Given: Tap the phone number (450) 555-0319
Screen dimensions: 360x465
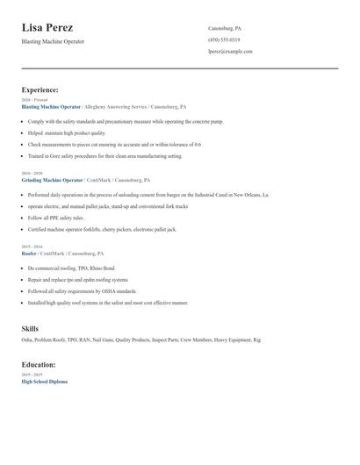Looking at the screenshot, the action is [224, 39].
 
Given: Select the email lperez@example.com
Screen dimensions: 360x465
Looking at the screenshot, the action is [230, 51].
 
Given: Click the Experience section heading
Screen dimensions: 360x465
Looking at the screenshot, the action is [40, 89].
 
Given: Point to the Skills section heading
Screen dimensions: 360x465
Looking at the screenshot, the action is [30, 328].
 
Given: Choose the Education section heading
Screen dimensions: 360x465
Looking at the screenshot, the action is [39, 364].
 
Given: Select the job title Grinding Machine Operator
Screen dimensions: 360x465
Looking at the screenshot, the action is [58, 179].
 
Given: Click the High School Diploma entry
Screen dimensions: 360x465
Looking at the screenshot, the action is [44, 382].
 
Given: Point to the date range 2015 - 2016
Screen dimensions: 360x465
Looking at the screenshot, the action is [32, 247].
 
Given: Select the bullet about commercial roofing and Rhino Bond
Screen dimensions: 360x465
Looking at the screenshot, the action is [71, 268].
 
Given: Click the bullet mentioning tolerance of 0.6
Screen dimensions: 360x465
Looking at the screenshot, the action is [114, 144].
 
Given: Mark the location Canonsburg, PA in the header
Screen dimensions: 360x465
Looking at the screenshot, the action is [225, 28].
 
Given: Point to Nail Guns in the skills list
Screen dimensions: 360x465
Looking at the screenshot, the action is [101, 340].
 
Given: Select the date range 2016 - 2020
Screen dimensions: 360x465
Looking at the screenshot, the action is [32, 174].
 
